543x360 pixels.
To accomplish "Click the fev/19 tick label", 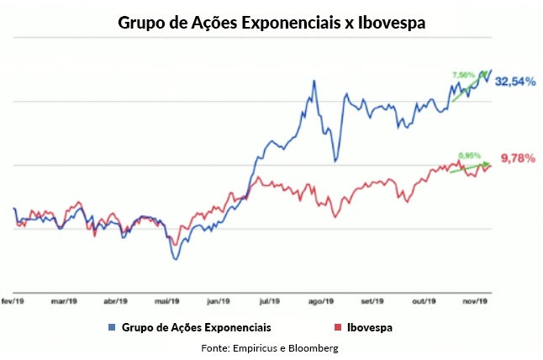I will pyautogui.click(x=12, y=301).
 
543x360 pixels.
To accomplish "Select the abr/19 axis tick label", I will pyautogui.click(x=114, y=301).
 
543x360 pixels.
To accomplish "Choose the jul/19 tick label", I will pyautogui.click(x=270, y=301).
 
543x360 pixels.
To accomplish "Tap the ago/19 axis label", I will pyautogui.click(x=321, y=301).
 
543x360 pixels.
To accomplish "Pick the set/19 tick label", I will pyautogui.click(x=372, y=301).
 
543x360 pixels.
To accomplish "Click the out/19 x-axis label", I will pyautogui.click(x=424, y=301).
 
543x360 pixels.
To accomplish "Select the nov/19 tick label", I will pyautogui.click(x=477, y=301).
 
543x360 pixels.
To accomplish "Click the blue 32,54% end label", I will pyautogui.click(x=515, y=82).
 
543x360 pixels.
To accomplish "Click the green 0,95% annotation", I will pyautogui.click(x=470, y=155).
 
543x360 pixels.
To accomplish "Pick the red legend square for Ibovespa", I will pyautogui.click(x=336, y=325).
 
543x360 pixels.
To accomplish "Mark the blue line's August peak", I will pyautogui.click(x=314, y=81).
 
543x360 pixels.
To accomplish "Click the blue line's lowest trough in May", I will pyautogui.click(x=176, y=258).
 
